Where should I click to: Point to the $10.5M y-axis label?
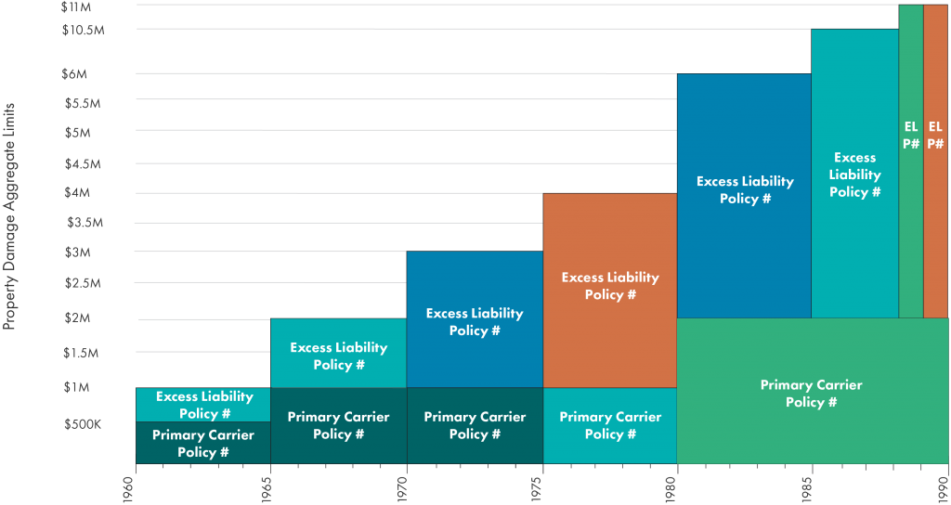pyautogui.click(x=83, y=30)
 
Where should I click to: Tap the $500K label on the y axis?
pyautogui.click(x=84, y=424)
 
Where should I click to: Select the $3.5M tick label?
pyautogui.click(x=84, y=223)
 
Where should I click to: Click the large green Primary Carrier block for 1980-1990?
pyautogui.click(x=812, y=391)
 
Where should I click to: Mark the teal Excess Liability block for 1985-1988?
pyautogui.click(x=854, y=174)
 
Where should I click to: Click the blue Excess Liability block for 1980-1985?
pyautogui.click(x=744, y=195)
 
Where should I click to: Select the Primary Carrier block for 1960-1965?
pyautogui.click(x=202, y=443)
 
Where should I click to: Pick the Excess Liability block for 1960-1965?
pyautogui.click(x=202, y=405)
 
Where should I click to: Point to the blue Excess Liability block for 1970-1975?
pyautogui.click(x=475, y=319)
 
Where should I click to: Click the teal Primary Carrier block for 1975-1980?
pyautogui.click(x=610, y=425)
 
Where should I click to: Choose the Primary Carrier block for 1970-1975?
pyautogui.click(x=475, y=425)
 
